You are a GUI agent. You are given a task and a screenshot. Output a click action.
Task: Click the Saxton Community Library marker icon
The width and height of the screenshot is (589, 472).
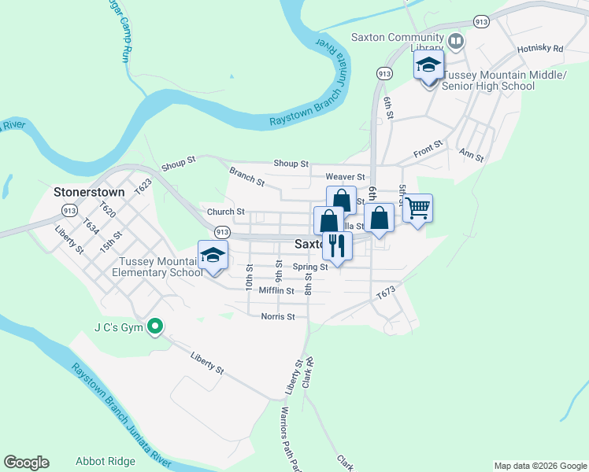[x=456, y=39]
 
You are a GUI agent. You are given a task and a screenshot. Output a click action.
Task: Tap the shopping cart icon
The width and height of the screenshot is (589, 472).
[x=418, y=208]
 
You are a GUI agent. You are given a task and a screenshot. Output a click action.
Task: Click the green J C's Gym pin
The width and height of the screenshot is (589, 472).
[x=156, y=325]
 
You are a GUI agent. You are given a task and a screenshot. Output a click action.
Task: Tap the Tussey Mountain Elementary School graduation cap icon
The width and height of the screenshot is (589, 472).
[x=213, y=255]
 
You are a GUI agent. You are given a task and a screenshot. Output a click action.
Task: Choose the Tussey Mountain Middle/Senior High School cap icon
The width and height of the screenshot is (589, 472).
[x=428, y=65]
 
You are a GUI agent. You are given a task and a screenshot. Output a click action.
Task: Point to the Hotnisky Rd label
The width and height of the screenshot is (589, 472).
[x=540, y=49]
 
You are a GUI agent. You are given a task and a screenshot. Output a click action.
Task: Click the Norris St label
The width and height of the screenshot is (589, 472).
[x=277, y=316]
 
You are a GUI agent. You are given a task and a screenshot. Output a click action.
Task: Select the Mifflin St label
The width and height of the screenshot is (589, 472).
[x=276, y=290]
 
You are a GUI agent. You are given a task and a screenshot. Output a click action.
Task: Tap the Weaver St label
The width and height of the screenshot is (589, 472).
[x=346, y=177]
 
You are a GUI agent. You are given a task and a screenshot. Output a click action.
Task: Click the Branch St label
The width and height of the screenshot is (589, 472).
[x=246, y=175]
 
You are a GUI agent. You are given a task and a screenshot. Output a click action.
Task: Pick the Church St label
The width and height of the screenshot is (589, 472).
[x=226, y=212]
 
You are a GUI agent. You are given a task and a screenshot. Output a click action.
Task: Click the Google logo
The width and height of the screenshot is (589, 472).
[x=26, y=463]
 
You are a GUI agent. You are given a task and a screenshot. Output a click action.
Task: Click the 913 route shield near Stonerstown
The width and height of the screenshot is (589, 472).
[x=69, y=210]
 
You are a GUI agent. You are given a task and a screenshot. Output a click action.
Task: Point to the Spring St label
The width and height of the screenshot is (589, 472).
[x=310, y=267]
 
